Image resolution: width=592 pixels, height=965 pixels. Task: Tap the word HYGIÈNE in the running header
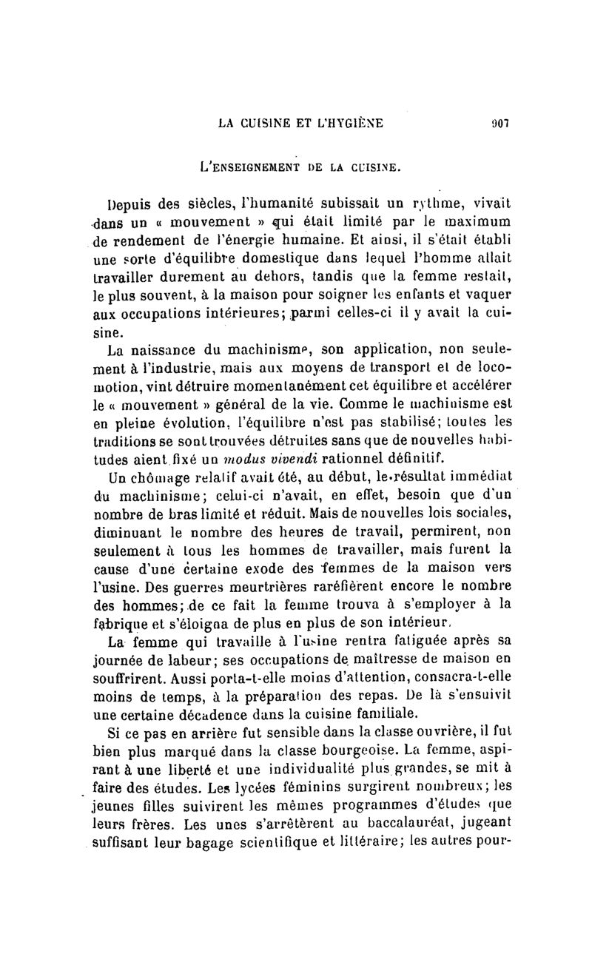[349, 124]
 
